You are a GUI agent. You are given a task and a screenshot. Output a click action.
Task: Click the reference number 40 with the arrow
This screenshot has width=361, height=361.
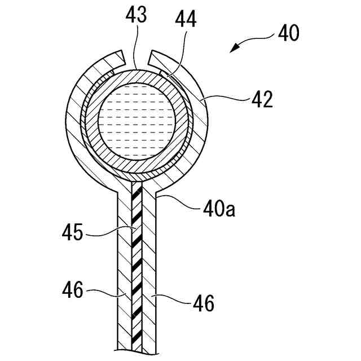(x=288, y=33)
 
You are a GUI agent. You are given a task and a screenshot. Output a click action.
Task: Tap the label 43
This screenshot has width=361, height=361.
(x=137, y=16)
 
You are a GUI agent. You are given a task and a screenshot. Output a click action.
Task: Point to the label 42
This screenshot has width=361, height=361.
(x=262, y=100)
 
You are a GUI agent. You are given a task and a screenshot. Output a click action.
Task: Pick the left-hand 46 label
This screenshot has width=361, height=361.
(x=72, y=291)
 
